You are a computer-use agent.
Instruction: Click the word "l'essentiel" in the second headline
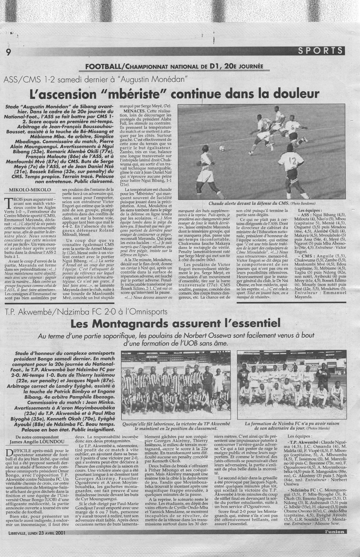pos(253,324)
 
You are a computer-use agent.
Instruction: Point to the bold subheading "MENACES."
pos(130,110)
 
